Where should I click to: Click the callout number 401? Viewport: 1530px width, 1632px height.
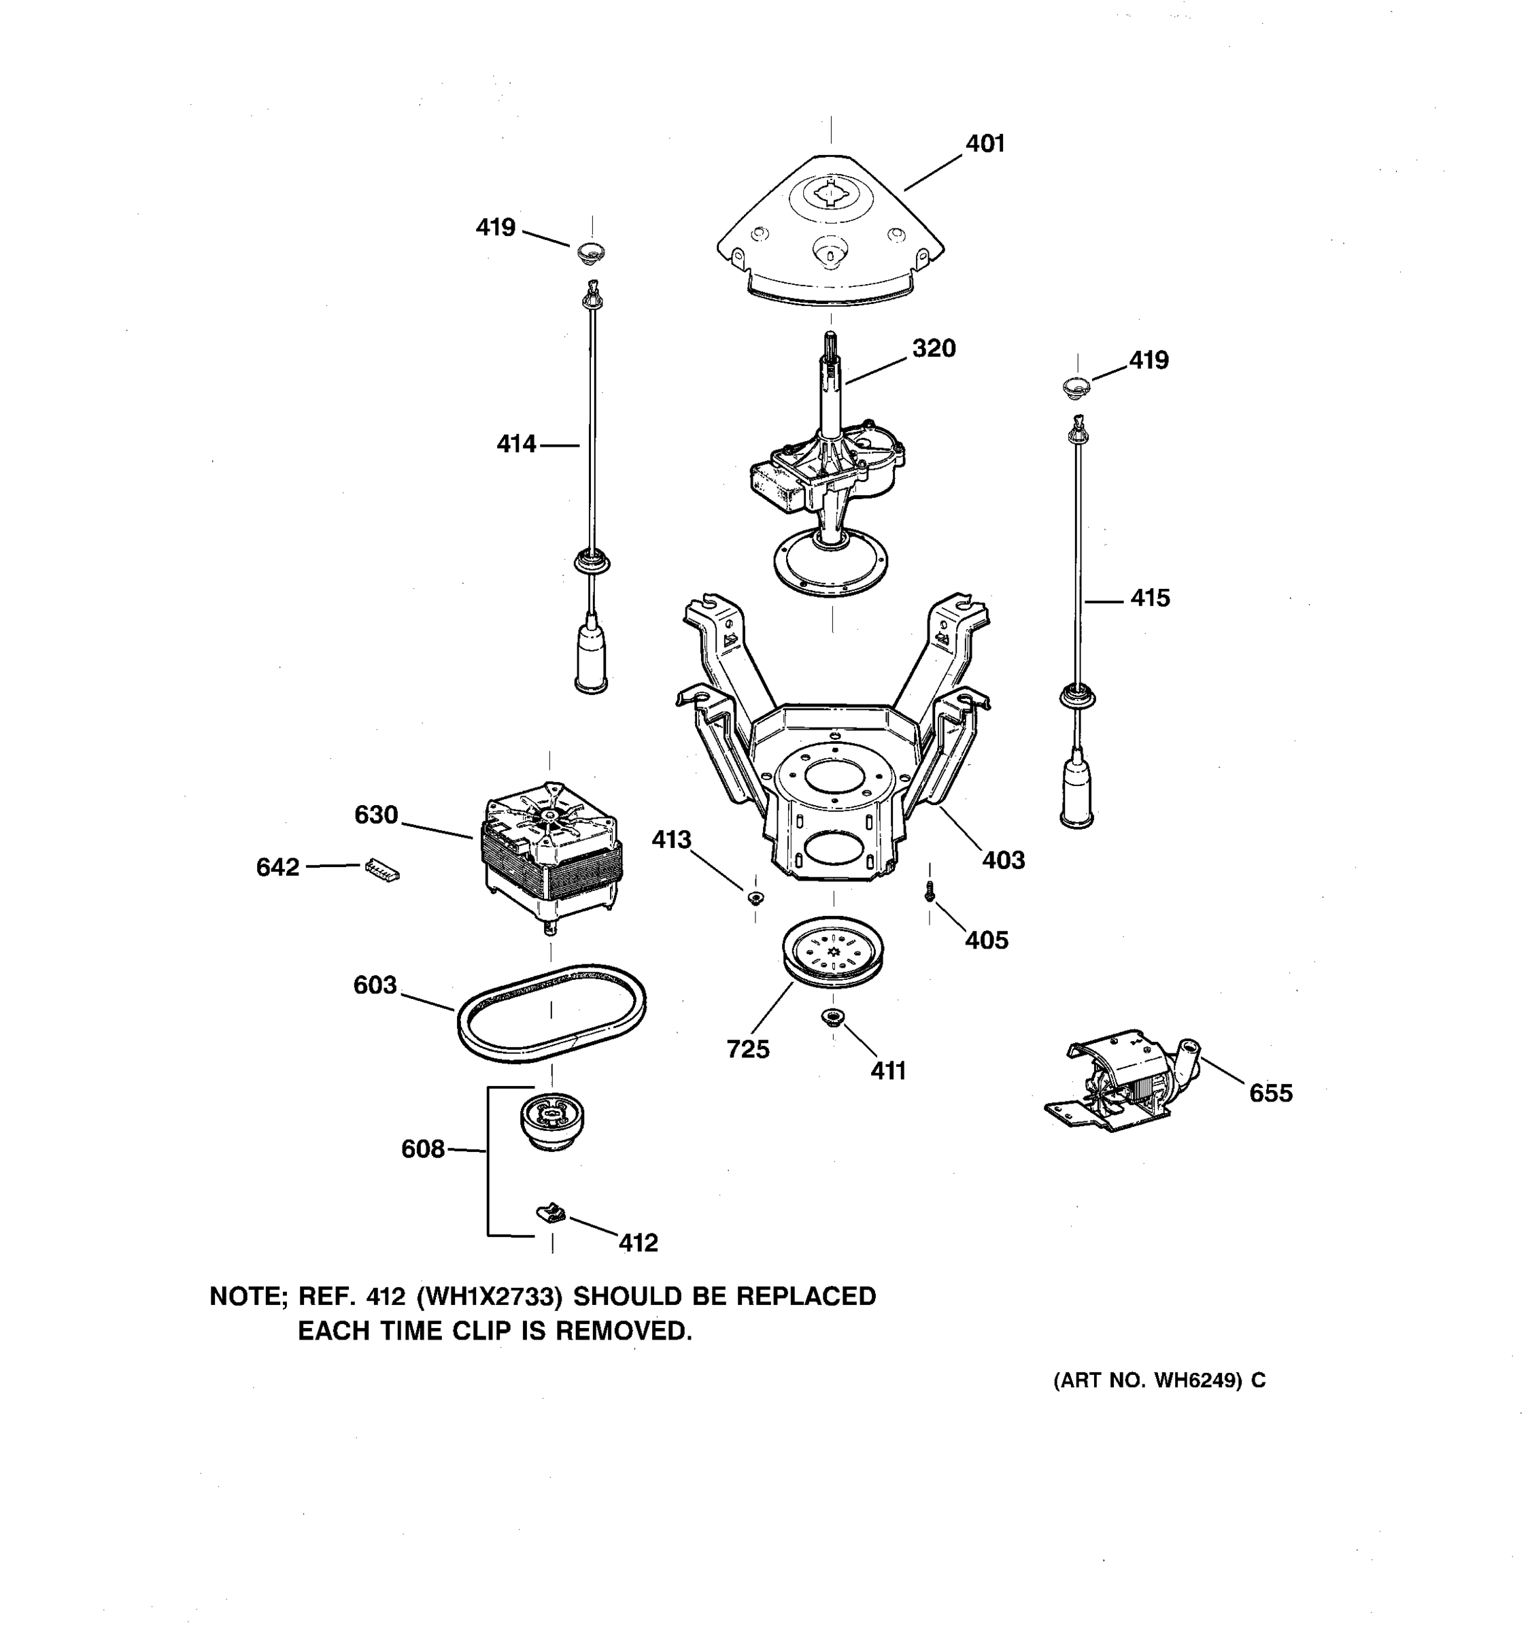coord(984,143)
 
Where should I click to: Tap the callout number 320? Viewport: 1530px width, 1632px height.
coord(934,349)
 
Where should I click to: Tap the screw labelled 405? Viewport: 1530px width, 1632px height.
coord(929,891)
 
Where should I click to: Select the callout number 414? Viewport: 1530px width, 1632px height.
coord(516,445)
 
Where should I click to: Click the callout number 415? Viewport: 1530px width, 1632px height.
coord(1150,598)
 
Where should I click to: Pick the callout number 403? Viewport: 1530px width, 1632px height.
coord(1003,860)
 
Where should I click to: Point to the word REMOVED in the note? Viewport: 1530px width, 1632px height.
coord(624,1331)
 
